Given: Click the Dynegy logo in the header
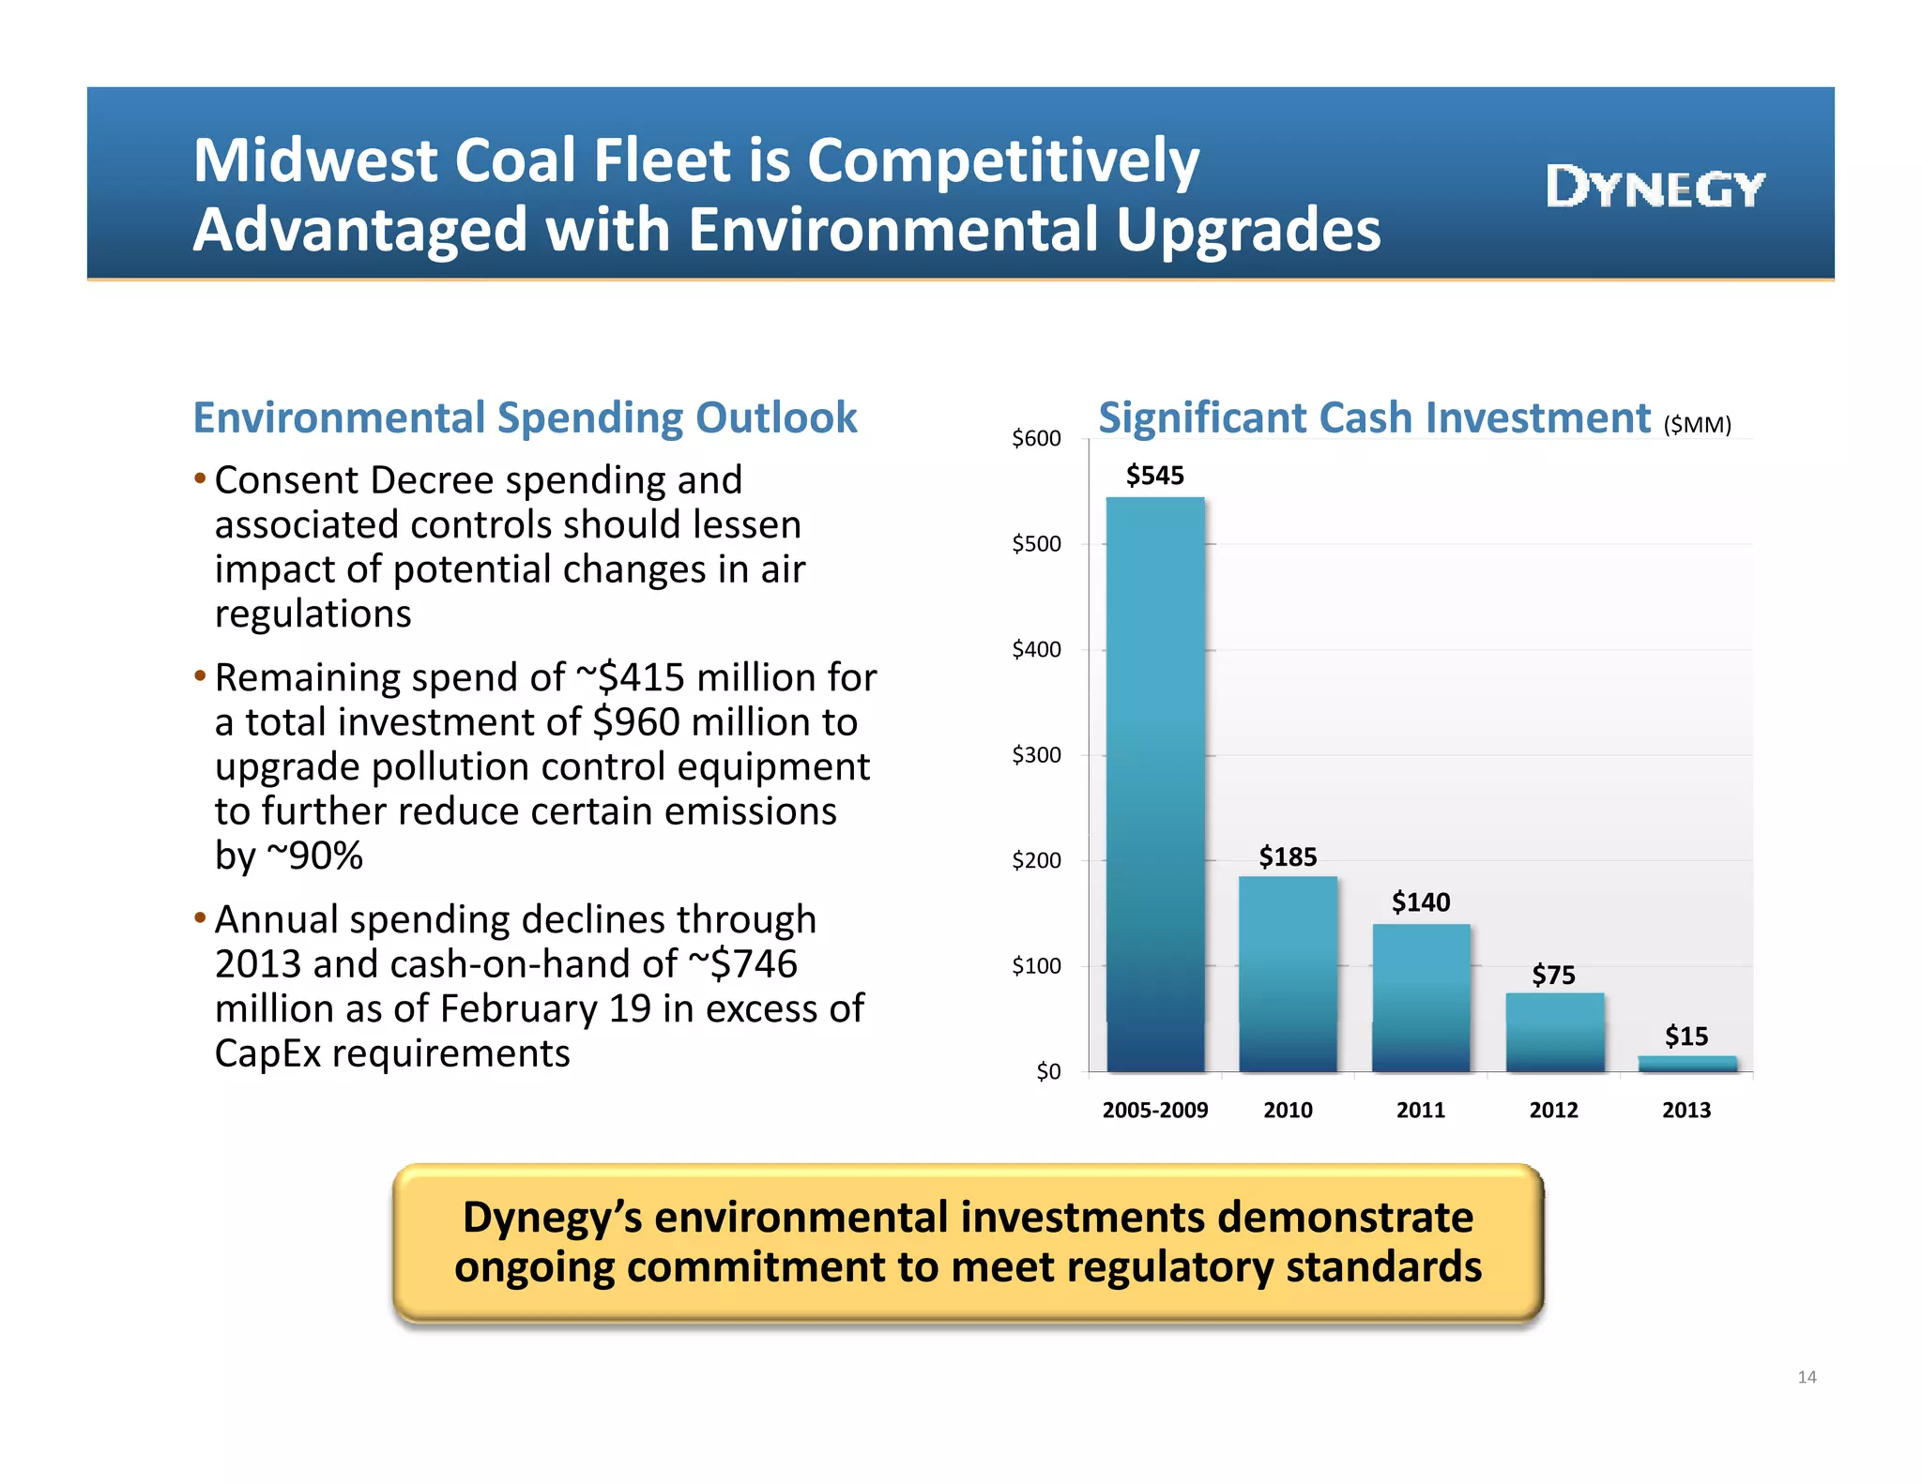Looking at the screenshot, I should click(1655, 187).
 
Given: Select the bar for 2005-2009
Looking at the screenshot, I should click(1155, 783).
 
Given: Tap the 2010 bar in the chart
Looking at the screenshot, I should click(1288, 974).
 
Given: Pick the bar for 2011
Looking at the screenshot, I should click(1421, 997).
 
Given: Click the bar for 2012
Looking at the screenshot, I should click(1554, 1032).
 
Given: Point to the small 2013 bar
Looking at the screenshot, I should click(1687, 1064).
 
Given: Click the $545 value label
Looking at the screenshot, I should click(1154, 476).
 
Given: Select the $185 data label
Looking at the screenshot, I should click(1288, 856).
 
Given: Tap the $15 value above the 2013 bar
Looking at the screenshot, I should click(1686, 1036).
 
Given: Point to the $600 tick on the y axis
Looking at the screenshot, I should click(1036, 438).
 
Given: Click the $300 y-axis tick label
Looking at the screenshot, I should click(1036, 755).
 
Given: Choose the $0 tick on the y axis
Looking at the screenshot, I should click(1048, 1071).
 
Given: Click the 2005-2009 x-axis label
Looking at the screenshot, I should click(1155, 1110).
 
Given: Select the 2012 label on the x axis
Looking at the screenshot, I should click(1554, 1110).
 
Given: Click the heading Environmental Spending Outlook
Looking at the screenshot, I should click(525, 417).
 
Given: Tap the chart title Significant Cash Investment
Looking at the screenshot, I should click(1374, 417).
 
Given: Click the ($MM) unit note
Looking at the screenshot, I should click(1697, 425).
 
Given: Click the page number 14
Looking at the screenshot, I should click(1807, 1377).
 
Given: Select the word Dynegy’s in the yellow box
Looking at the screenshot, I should click(552, 1218).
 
